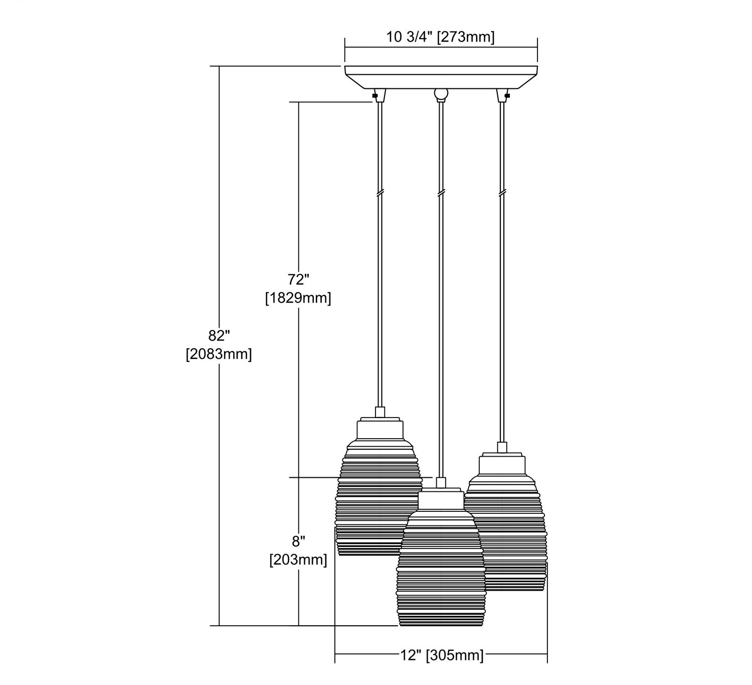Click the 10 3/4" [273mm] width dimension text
click(440, 37)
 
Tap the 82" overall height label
click(219, 336)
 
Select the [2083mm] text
click(219, 354)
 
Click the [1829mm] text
click(298, 298)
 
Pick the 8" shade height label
click(298, 541)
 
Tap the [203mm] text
click(298, 560)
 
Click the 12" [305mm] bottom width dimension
click(442, 655)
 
